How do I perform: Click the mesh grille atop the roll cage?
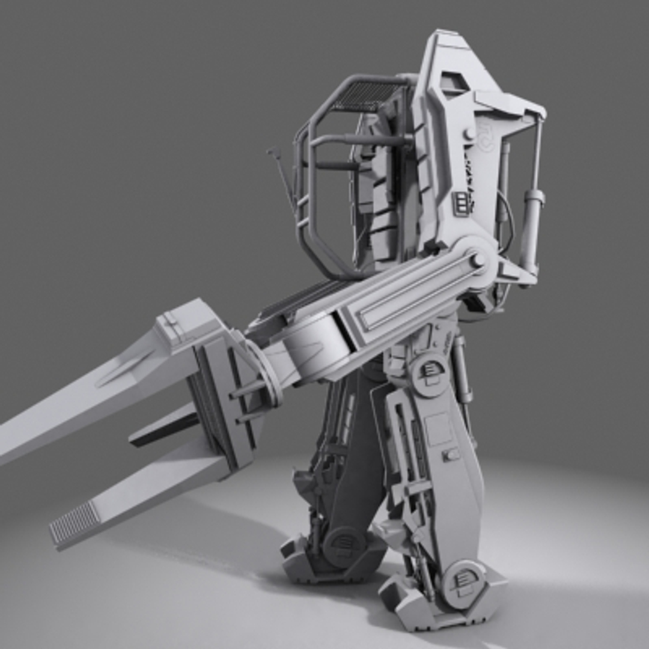pos(365,96)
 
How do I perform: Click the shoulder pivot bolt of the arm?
pos(478,260)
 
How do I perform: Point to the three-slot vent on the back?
pos(462,203)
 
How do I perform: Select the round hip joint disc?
pos(430,373)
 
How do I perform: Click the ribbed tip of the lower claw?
pos(75,522)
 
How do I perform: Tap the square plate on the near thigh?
pos(439,428)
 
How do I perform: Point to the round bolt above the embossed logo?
pos(468,133)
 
